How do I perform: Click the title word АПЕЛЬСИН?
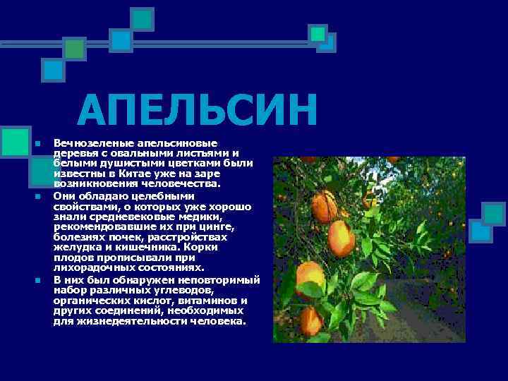point(198,112)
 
